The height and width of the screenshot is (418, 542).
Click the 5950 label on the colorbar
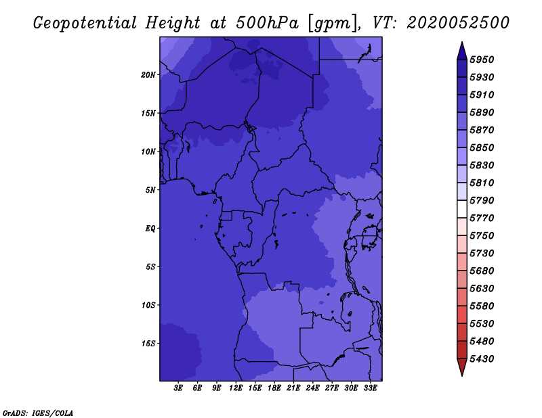coord(482,60)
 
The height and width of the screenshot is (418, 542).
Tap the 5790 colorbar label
coord(482,200)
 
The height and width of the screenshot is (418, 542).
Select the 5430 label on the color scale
coord(482,359)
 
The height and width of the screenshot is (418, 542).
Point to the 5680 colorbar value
coord(482,271)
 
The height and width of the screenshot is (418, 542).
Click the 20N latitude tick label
coord(148,75)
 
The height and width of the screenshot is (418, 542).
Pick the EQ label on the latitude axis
coord(150,229)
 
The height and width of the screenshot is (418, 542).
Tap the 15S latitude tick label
coord(148,344)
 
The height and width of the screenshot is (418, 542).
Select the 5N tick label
coord(150,190)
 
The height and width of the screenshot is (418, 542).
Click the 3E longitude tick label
coord(178,388)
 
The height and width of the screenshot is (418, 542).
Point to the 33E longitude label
coord(370,388)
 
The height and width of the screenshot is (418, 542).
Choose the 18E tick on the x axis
coord(274,388)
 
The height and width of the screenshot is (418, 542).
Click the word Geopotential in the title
coord(85,24)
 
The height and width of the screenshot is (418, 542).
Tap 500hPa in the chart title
coord(267,23)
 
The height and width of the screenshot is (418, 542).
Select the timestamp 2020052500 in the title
coord(458,23)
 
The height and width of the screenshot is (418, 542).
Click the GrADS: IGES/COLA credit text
coord(38,413)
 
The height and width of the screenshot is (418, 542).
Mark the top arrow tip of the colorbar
coord(462,42)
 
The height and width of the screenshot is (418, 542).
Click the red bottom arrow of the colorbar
coord(462,367)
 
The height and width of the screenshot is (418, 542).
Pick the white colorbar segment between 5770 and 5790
coord(462,209)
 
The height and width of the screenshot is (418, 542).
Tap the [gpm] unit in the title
coord(333,24)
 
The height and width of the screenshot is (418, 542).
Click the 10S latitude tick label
coord(148,305)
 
